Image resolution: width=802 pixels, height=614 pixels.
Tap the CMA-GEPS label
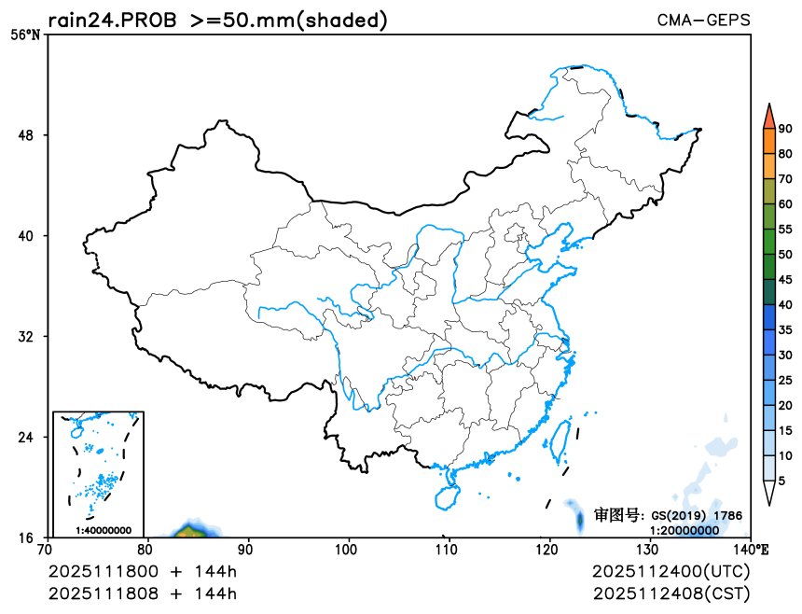click(703, 20)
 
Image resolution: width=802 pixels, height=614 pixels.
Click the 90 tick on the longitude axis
click(247, 550)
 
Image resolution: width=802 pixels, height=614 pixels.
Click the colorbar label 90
click(786, 129)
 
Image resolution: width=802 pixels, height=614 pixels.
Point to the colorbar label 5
click(782, 480)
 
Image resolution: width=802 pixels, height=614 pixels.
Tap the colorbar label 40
click(786, 304)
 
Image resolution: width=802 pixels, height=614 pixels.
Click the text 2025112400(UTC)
click(671, 571)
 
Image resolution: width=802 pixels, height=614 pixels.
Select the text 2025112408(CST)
click(671, 593)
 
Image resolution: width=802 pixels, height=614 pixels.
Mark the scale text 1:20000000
click(684, 529)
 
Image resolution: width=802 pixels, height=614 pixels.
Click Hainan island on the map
click(448, 489)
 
